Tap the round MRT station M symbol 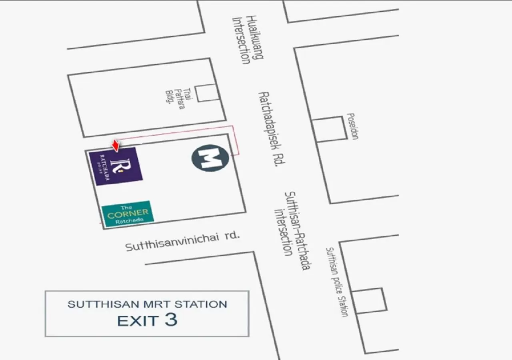(210, 158)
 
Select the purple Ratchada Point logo (116, 166)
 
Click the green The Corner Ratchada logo (128, 213)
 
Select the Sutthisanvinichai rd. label (182, 241)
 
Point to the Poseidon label (352, 126)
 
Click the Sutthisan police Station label (337, 282)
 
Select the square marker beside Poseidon (330, 129)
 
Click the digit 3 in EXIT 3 (170, 320)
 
